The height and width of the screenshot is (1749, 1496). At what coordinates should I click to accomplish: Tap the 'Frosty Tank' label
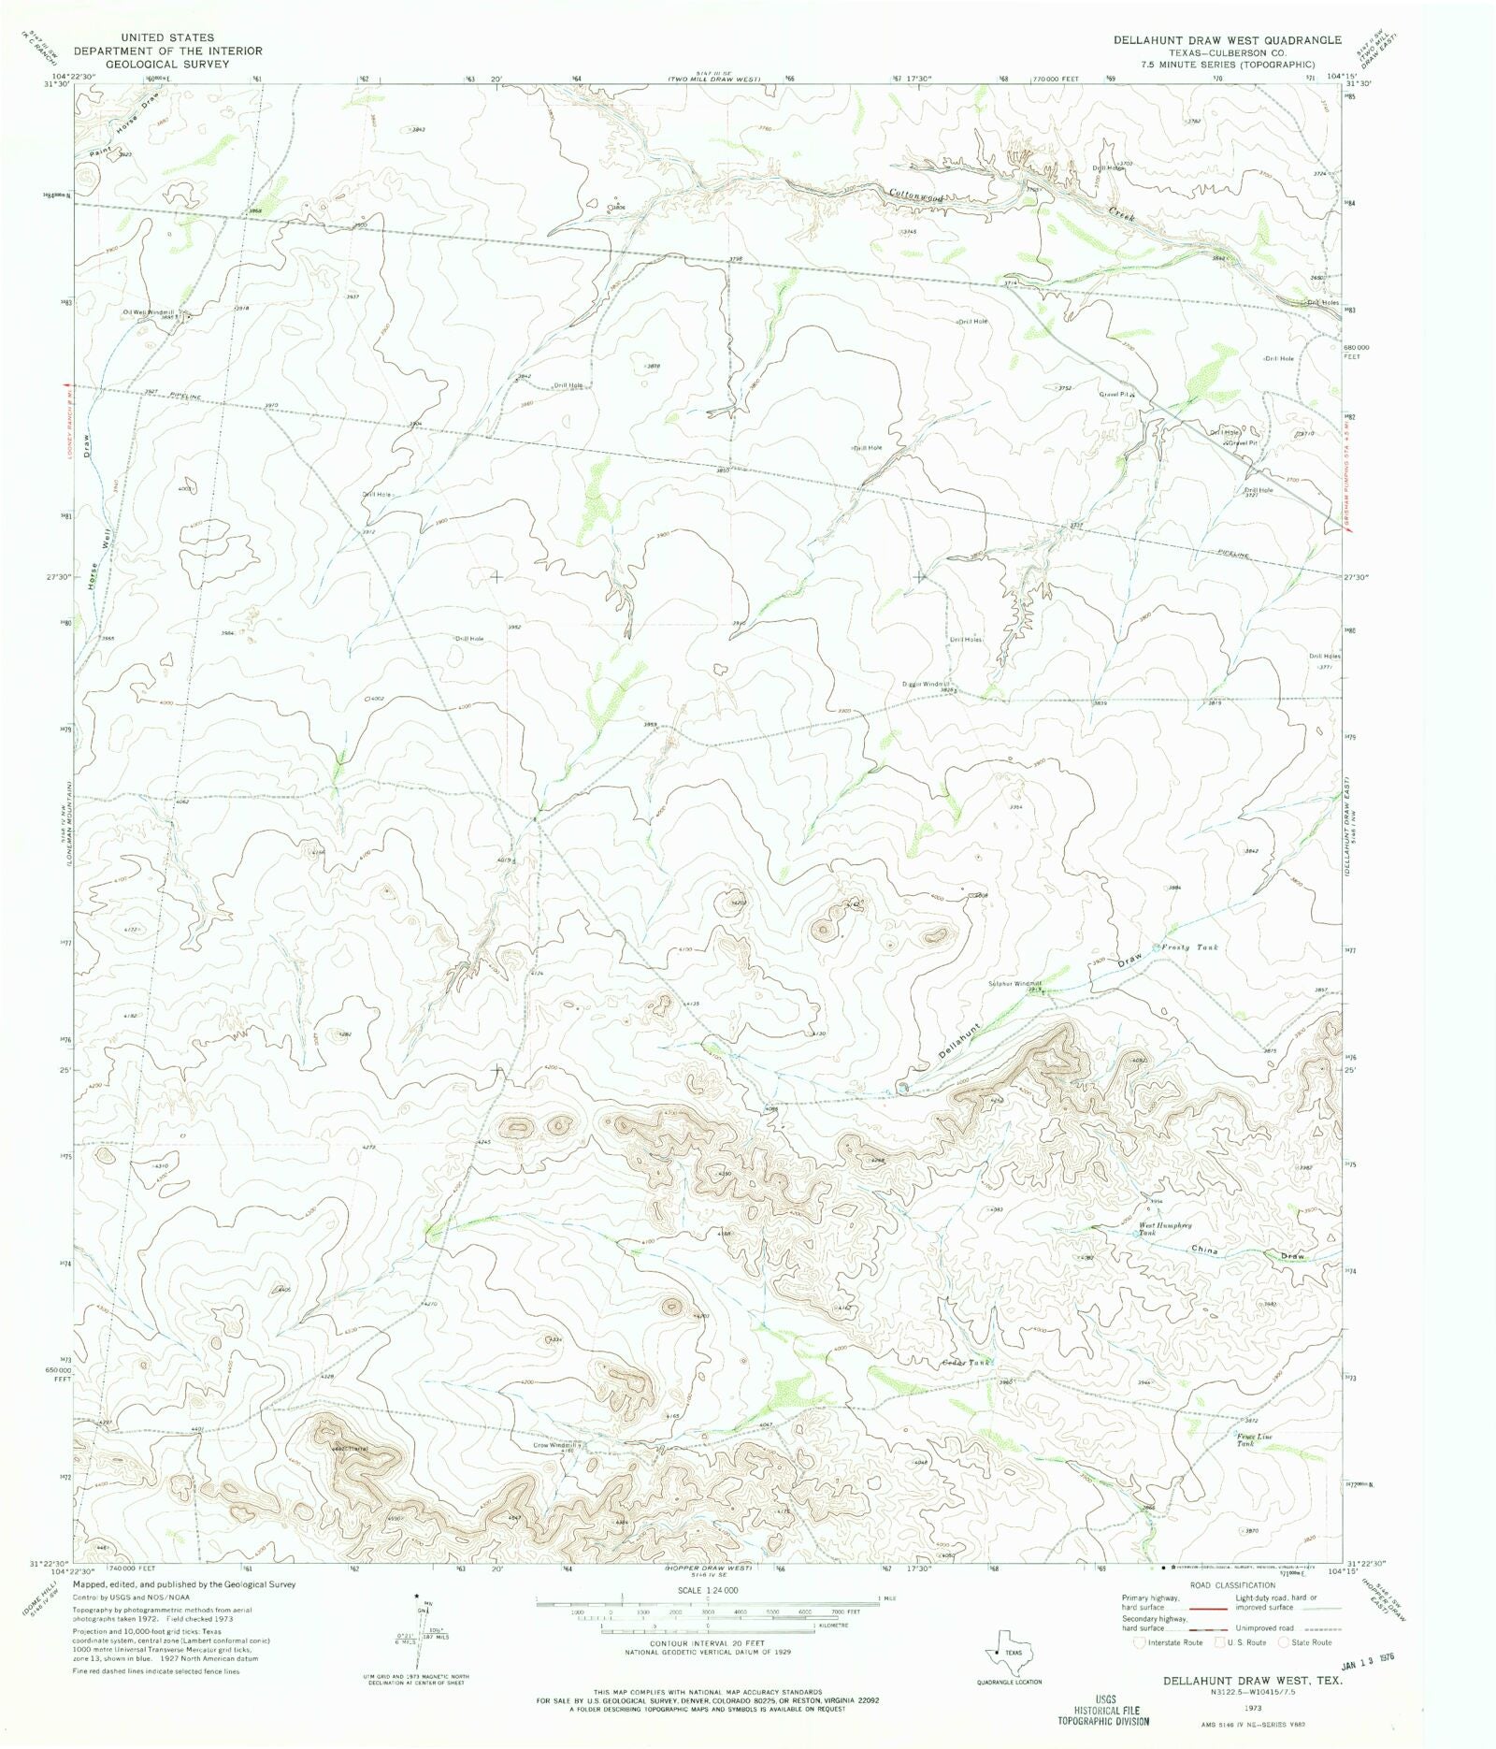click(x=1189, y=947)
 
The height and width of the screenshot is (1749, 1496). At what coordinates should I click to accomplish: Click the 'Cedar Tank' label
click(x=965, y=1363)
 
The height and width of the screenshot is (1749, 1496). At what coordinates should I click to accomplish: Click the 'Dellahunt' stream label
click(x=961, y=1040)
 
